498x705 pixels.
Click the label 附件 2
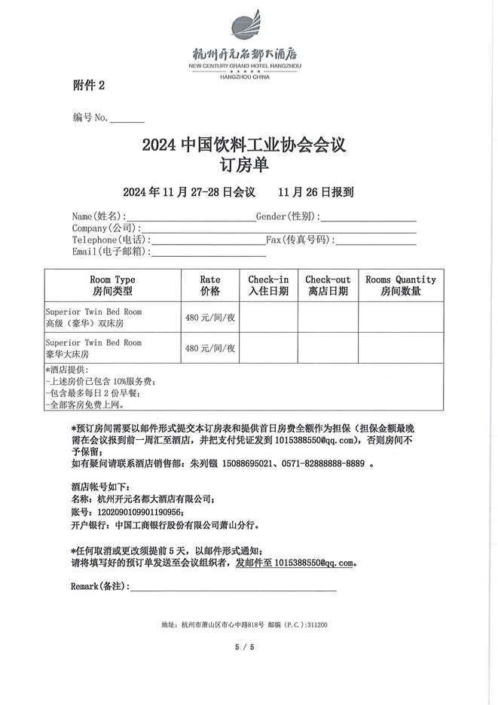[89, 86]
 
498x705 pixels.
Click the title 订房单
[243, 163]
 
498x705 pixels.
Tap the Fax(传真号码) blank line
[374, 241]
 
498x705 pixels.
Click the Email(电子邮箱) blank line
[197, 253]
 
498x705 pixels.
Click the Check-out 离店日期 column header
[328, 285]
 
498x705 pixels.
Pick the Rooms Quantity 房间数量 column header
[400, 285]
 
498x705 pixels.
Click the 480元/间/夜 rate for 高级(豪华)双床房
[210, 317]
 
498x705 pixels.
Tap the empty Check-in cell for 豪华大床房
[268, 348]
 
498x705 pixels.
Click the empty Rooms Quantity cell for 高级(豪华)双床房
[400, 317]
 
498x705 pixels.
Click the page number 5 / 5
[245, 647]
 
